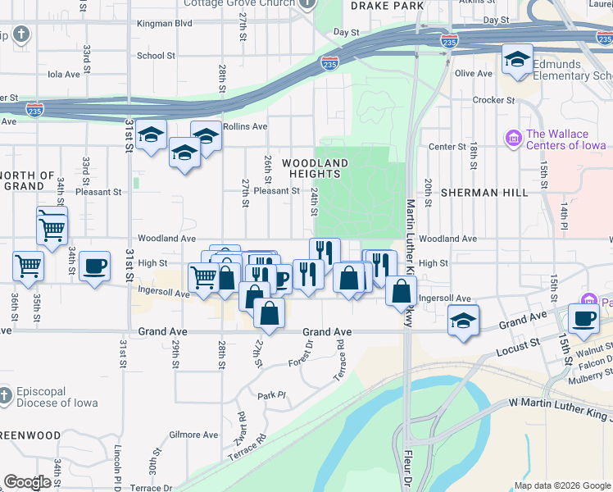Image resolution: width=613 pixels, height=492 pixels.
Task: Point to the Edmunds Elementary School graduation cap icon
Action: pos(517,60)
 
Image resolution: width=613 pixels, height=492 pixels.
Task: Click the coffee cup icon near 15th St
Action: pos(584,318)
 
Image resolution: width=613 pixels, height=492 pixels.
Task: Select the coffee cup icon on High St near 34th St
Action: pos(95,265)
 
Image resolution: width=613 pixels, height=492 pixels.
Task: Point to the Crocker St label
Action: pos(493,100)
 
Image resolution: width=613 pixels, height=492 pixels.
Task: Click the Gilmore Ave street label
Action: pos(193,435)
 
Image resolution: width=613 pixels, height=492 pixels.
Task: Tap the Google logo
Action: pos(27,482)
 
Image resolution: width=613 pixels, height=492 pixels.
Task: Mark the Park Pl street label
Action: pos(270,395)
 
